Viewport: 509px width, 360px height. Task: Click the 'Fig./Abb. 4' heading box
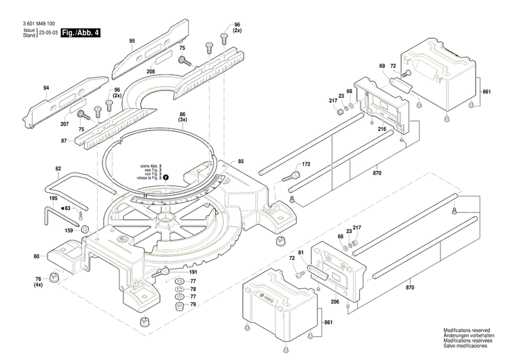80,33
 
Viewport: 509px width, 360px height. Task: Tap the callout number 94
46,88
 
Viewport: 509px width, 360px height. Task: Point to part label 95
132,41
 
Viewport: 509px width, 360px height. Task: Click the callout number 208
151,71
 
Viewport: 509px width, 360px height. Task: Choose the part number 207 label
64,124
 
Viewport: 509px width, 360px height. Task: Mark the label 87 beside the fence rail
64,141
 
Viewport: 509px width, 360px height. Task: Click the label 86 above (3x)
183,115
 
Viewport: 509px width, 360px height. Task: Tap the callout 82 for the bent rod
58,168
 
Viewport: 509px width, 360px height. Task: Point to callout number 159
69,230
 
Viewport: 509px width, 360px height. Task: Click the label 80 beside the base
37,256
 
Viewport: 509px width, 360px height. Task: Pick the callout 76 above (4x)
38,279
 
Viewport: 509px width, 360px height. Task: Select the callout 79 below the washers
193,304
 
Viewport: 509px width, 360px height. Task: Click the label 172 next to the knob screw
306,165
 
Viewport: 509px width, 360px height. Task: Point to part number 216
382,128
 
